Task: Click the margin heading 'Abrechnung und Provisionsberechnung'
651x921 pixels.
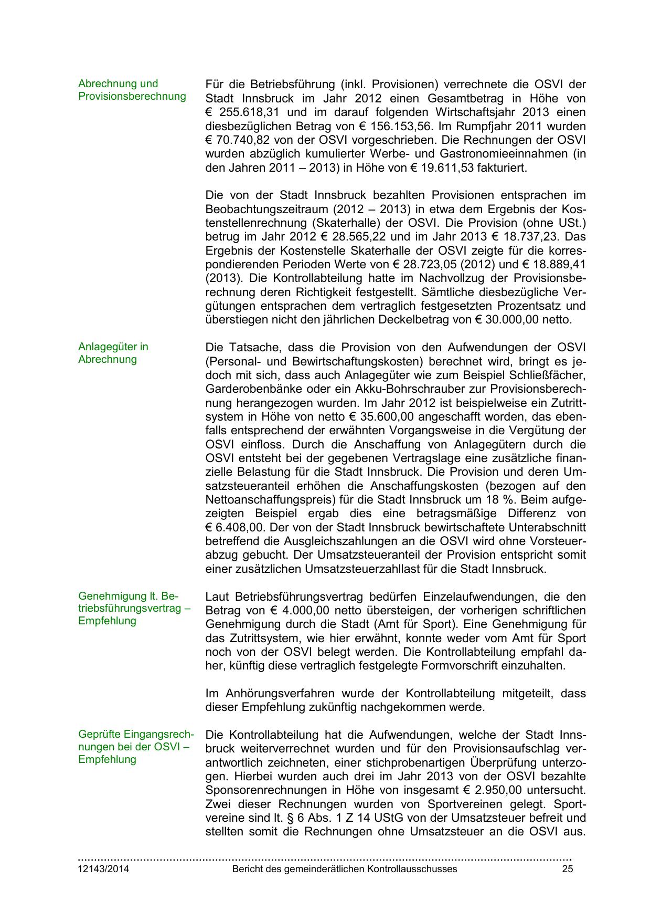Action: [x=132, y=90]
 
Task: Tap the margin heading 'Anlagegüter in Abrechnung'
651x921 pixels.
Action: [x=113, y=353]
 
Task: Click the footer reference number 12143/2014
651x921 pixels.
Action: [x=103, y=869]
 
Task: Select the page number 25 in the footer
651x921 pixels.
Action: [x=567, y=869]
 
